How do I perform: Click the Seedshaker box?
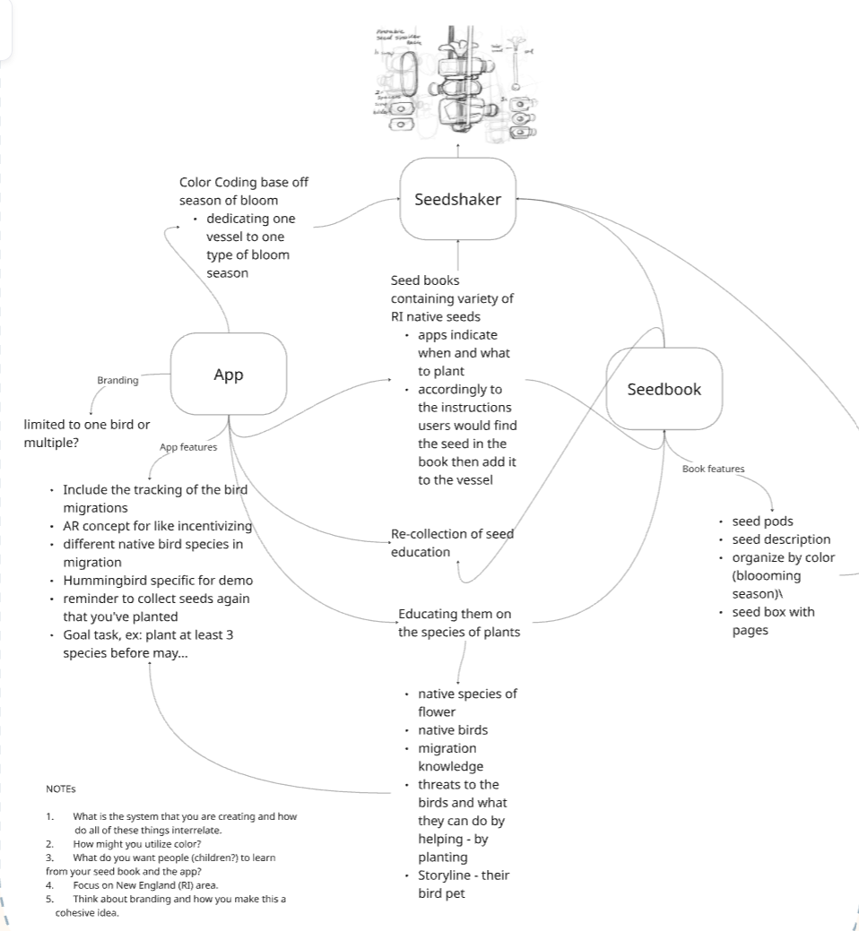click(x=457, y=199)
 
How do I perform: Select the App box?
click(x=228, y=375)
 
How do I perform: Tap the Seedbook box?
click(x=664, y=389)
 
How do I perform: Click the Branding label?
click(x=117, y=380)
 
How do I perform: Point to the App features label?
click(x=188, y=447)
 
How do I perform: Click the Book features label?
click(x=713, y=469)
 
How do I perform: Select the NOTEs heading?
click(x=61, y=789)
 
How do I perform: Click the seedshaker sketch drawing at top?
click(x=457, y=84)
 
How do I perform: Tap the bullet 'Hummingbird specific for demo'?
click(x=157, y=581)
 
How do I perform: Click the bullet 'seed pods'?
click(x=762, y=522)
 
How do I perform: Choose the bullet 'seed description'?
click(x=780, y=539)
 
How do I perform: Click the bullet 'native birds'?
click(x=453, y=729)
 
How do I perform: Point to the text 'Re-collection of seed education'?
click(x=452, y=543)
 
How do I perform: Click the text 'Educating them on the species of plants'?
click(x=458, y=623)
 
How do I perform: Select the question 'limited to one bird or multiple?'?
click(x=87, y=434)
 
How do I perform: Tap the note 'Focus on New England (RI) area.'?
click(x=145, y=885)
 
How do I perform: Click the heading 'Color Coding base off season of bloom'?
click(x=244, y=191)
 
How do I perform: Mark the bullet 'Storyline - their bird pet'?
click(x=463, y=884)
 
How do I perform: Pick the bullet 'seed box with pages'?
click(x=772, y=621)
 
